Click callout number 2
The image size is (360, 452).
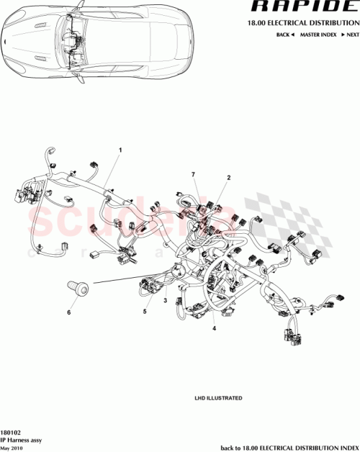[x=228, y=176]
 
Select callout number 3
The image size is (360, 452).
[x=165, y=300]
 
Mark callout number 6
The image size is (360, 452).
[x=69, y=312]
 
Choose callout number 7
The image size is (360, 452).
[x=193, y=175]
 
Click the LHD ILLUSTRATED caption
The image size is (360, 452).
[x=218, y=398]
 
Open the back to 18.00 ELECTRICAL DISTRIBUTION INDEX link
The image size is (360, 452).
[x=289, y=446]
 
